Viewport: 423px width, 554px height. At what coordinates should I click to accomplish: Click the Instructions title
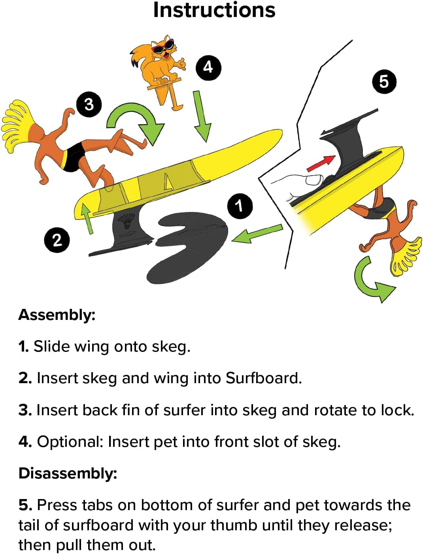tap(214, 10)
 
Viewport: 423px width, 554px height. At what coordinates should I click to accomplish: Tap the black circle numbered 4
tap(208, 68)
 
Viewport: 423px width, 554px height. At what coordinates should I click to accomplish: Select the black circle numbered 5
tap(383, 82)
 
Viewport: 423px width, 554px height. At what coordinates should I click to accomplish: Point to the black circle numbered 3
tap(89, 104)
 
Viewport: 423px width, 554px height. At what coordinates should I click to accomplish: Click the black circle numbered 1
tap(240, 206)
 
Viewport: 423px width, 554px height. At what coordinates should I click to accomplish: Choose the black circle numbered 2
tap(57, 240)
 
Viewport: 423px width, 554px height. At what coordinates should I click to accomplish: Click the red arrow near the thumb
tap(320, 164)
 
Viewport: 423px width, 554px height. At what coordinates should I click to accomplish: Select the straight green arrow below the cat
tap(201, 116)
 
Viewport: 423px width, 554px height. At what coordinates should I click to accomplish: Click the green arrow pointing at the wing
tap(257, 233)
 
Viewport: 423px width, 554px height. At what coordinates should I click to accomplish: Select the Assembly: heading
tap(57, 315)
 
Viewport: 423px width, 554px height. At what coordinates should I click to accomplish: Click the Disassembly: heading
tap(68, 473)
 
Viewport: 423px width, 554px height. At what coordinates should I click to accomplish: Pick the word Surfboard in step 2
tap(264, 378)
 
